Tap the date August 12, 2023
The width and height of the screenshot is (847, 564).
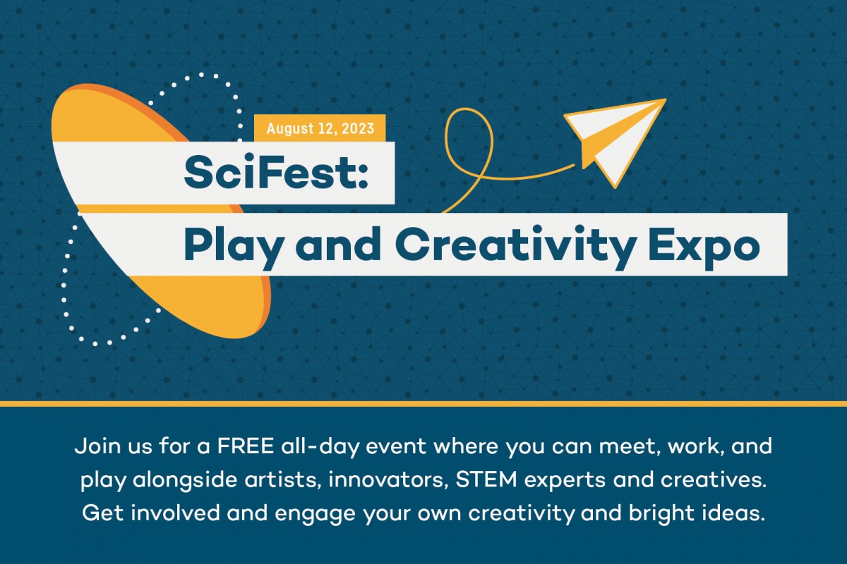320,128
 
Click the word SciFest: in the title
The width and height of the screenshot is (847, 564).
276,173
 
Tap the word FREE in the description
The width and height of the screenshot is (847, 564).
246,446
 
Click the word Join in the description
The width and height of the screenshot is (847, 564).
98,446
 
